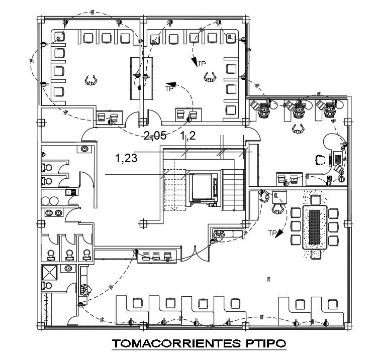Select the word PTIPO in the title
pyautogui.click(x=263, y=344)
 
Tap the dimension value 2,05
pyautogui.click(x=154, y=135)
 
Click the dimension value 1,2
pyautogui.click(x=187, y=135)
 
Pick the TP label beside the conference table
pyautogui.click(x=272, y=232)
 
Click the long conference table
pyautogui.click(x=316, y=226)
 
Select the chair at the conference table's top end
pyautogui.click(x=316, y=200)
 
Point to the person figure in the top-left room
pyautogui.click(x=90, y=80)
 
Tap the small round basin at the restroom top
pyautogui.click(x=85, y=148)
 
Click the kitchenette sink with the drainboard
pyautogui.click(x=70, y=191)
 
